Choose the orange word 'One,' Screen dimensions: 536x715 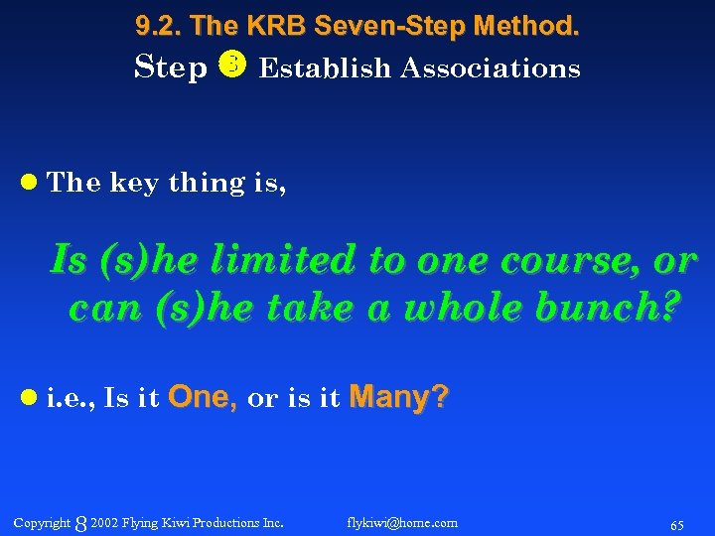[x=203, y=398]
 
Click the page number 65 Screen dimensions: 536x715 [x=676, y=523]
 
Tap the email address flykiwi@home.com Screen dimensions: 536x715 [x=402, y=522]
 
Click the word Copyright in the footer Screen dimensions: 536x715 [x=42, y=522]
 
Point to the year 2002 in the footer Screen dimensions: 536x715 [x=103, y=522]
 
